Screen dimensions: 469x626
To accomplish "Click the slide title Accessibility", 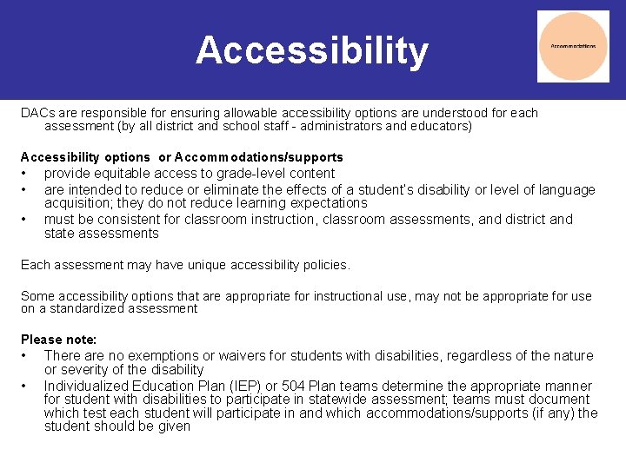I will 312,50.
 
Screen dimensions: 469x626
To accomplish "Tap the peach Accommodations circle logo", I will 573,46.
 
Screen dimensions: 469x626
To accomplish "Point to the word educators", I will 438,126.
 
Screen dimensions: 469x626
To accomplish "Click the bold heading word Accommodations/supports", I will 258,157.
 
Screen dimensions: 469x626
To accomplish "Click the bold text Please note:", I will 58,339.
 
